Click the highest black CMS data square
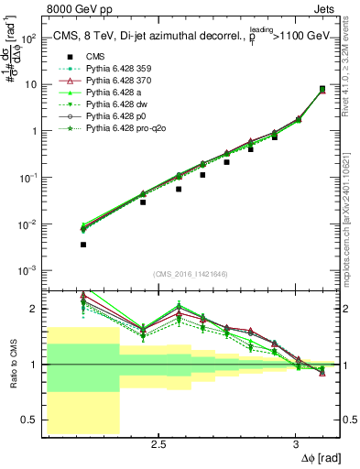(322, 89)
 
